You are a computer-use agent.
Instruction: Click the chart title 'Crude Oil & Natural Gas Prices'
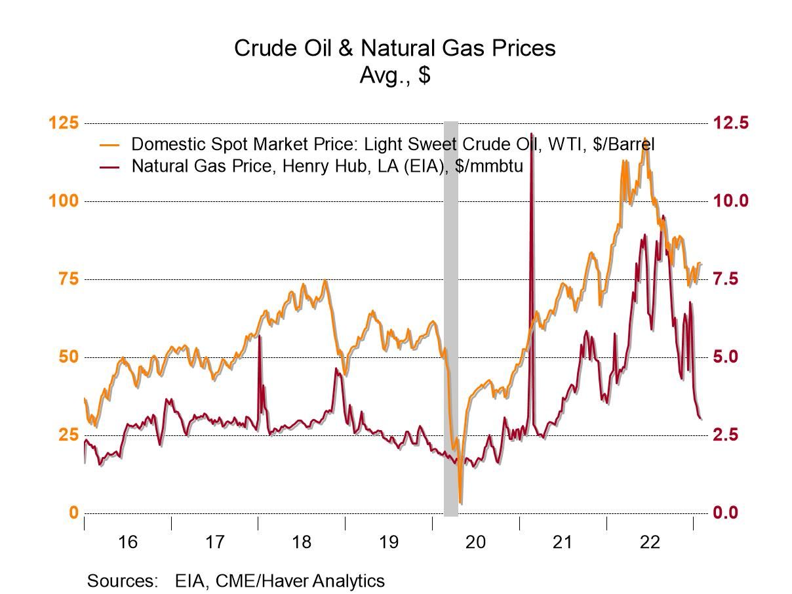click(x=395, y=48)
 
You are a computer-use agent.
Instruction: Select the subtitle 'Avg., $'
click(x=395, y=75)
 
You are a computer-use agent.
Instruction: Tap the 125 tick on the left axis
click(x=64, y=123)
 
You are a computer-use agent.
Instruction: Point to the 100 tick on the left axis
click(x=64, y=201)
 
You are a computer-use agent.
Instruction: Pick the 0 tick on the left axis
click(x=73, y=513)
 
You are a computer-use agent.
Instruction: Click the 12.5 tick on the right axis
click(x=730, y=123)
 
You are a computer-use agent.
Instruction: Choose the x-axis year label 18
click(x=301, y=542)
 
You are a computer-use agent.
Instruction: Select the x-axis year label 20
click(x=475, y=542)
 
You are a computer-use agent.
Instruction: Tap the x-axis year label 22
click(x=650, y=542)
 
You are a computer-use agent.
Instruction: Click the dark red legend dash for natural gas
click(x=109, y=167)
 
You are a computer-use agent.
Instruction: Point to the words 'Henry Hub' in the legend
click(x=321, y=166)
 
